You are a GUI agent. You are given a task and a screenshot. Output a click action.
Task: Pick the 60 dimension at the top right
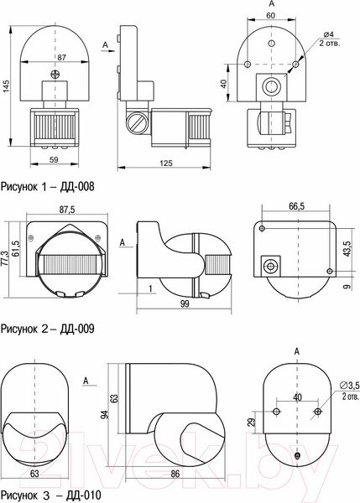[271, 16]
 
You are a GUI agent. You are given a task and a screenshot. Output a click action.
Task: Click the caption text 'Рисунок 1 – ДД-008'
[47, 186]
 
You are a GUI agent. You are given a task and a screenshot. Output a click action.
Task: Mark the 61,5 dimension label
[18, 250]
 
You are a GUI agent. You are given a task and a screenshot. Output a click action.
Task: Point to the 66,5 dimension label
[297, 206]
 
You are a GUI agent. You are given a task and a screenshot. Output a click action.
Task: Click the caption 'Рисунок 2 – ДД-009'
[47, 329]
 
